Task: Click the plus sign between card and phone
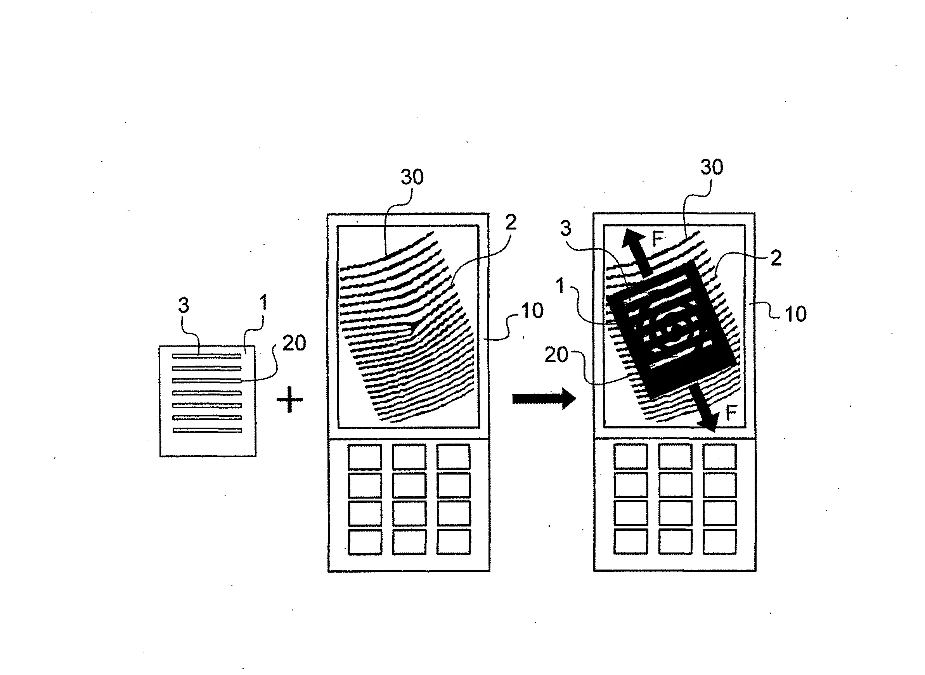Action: tap(289, 399)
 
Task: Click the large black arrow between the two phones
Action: tap(544, 399)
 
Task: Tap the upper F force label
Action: tap(658, 238)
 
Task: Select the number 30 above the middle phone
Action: tap(412, 177)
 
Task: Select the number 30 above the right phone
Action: tap(712, 167)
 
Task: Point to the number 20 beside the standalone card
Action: tap(294, 343)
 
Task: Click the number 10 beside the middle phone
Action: tap(532, 311)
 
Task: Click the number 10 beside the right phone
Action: tap(795, 314)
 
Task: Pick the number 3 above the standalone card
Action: tap(184, 305)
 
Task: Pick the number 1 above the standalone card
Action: tap(264, 302)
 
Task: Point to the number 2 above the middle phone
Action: tap(511, 222)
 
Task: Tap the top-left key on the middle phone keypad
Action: tap(364, 457)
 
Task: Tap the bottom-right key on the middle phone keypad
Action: tap(453, 542)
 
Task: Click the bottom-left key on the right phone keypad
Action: tap(631, 542)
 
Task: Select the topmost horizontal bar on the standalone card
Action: tap(206, 356)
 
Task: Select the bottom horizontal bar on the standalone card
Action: tap(207, 430)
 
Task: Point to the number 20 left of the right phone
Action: tap(556, 354)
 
